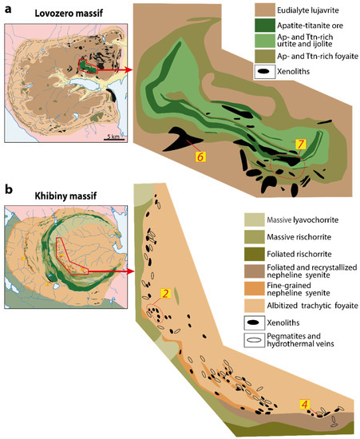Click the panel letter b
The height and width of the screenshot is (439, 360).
click(x=8, y=189)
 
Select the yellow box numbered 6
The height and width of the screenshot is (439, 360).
click(x=201, y=156)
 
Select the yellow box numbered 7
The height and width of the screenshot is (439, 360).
click(x=300, y=145)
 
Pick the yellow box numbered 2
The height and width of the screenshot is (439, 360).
click(x=165, y=295)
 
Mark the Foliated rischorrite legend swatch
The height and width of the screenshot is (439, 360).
click(x=250, y=255)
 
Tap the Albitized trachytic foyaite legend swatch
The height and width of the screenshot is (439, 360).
click(x=250, y=307)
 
